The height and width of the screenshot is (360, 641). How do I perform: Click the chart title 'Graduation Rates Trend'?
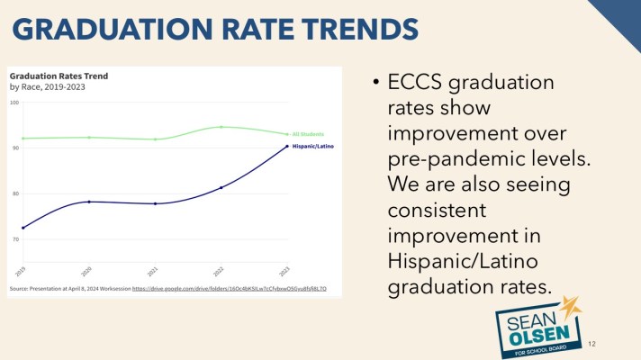tap(59, 76)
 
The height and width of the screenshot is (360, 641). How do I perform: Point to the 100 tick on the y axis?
tap(14, 103)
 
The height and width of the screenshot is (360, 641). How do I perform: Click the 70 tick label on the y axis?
tap(14, 239)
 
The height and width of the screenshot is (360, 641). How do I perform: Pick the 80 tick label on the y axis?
tap(14, 193)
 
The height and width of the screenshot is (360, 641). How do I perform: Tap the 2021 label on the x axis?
tap(153, 271)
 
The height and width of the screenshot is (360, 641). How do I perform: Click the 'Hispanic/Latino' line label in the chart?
tap(311, 145)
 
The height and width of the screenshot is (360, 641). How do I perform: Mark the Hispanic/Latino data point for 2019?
tap(23, 228)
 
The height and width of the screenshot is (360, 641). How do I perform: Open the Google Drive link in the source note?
tap(230, 289)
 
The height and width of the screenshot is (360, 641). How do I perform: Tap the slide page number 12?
tap(591, 344)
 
